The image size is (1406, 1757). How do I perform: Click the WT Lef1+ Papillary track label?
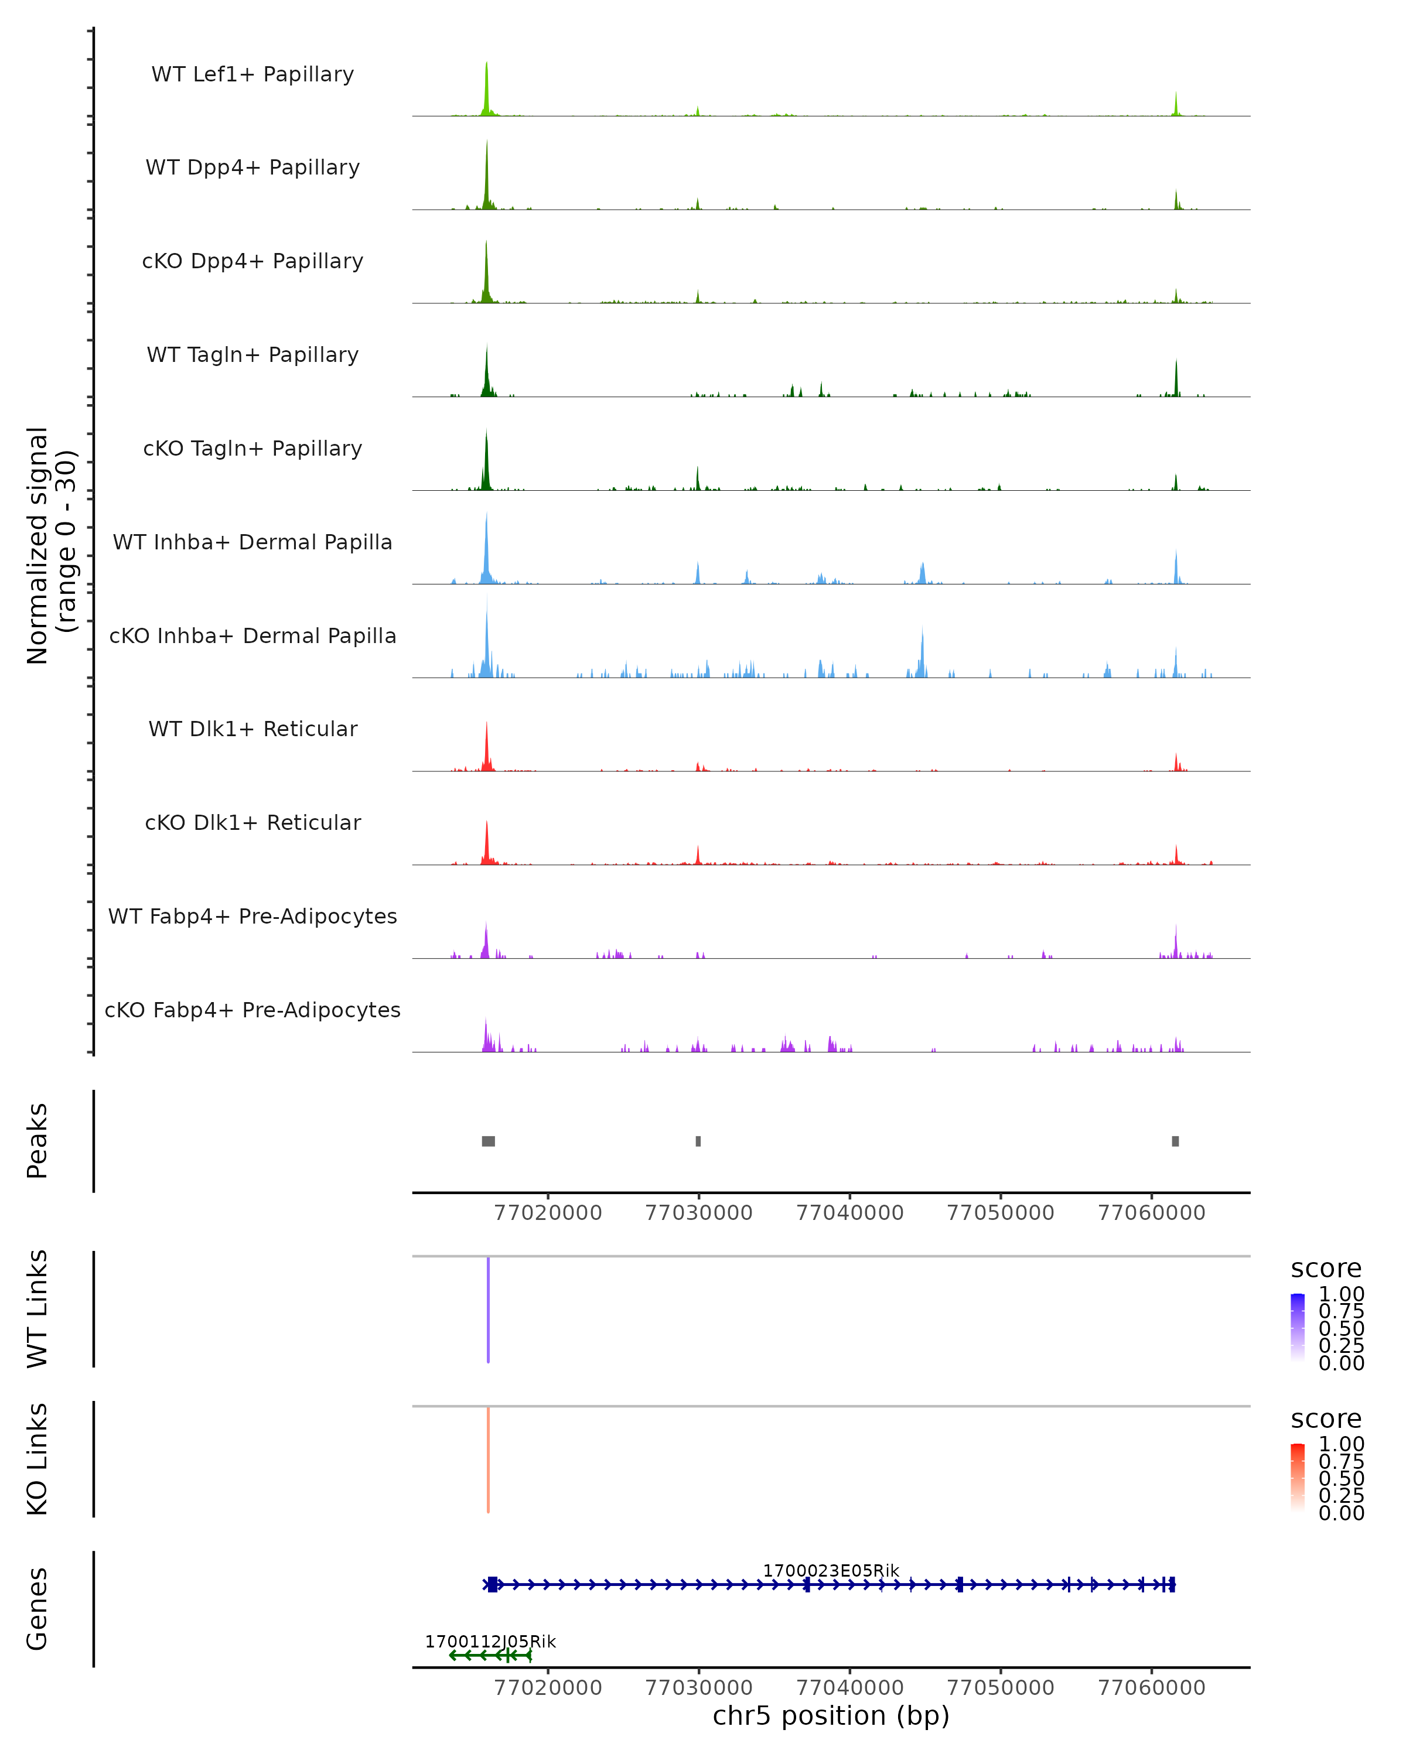[252, 74]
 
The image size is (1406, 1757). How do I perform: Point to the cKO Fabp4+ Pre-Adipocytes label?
[252, 1010]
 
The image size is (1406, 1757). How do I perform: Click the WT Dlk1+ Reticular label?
[252, 729]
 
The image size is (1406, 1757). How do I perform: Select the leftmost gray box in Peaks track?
[488, 1141]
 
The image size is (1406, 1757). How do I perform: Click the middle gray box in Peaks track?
[698, 1141]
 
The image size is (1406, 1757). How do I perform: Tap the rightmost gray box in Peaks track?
[1175, 1141]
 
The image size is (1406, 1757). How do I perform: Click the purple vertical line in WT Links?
[488, 1310]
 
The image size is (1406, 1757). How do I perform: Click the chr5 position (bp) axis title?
[831, 1715]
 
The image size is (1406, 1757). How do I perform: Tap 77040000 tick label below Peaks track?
[849, 1213]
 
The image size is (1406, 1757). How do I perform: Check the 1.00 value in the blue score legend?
[1341, 1294]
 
